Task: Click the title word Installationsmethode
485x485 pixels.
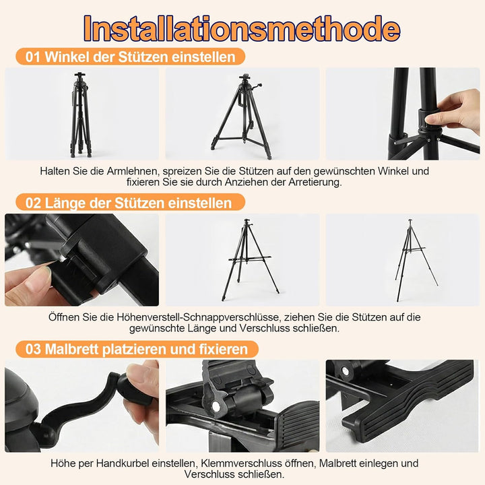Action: click(x=242, y=28)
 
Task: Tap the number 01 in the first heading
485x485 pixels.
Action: click(x=33, y=57)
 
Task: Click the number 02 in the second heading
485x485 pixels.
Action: click(x=33, y=203)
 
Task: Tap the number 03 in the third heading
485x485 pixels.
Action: click(x=33, y=349)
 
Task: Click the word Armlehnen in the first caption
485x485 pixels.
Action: click(x=132, y=171)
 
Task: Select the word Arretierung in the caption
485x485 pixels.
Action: click(x=314, y=182)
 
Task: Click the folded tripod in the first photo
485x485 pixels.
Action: click(x=81, y=115)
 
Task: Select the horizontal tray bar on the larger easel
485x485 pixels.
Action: click(x=250, y=258)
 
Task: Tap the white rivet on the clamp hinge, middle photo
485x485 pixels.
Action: click(x=216, y=407)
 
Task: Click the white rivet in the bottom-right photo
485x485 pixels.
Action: click(x=344, y=370)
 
